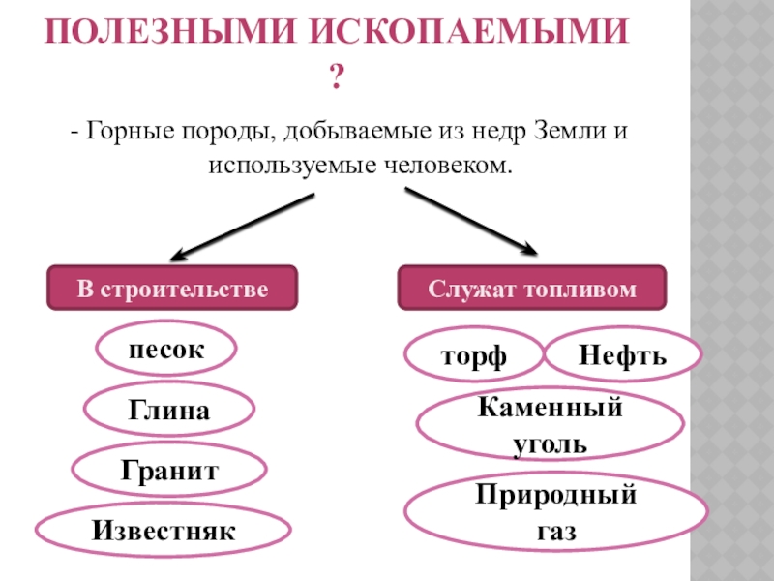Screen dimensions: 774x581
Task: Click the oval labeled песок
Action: coord(166,351)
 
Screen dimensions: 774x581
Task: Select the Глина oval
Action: coord(169,412)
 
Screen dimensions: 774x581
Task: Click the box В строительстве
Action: coord(172,289)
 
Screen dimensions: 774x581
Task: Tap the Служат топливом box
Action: coord(532,289)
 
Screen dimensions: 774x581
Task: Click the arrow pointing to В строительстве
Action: coord(242,226)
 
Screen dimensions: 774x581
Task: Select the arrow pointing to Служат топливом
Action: coord(471,222)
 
